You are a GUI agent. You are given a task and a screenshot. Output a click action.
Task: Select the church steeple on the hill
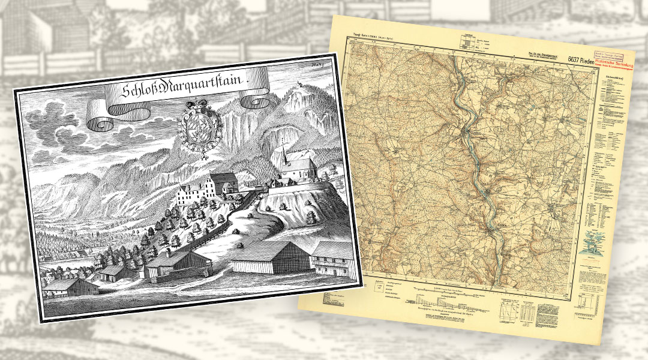pos(282,150)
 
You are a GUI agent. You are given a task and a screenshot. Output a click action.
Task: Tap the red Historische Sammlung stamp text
pos(613,62)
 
